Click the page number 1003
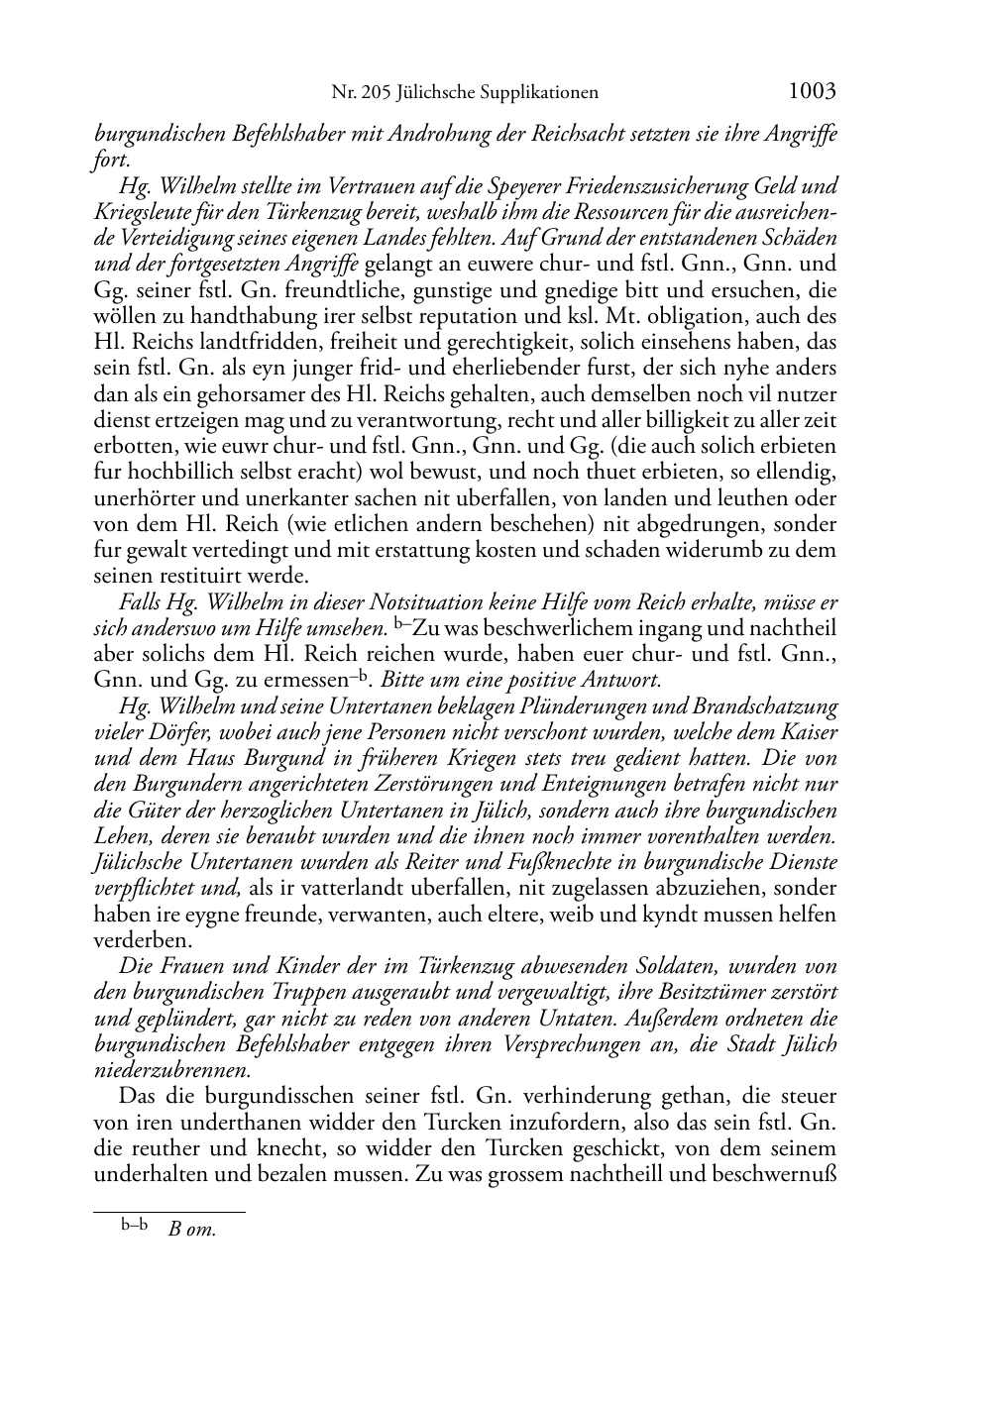(x=812, y=91)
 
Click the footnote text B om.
(x=192, y=1230)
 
